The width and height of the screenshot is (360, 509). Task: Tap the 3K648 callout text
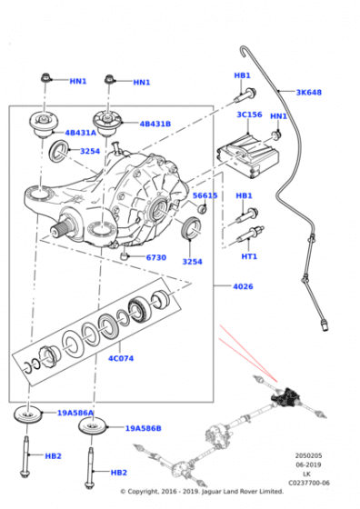coord(308,93)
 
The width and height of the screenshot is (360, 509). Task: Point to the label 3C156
coord(250,115)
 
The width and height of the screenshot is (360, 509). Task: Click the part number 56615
coord(205,195)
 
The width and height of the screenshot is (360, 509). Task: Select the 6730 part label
coord(156,257)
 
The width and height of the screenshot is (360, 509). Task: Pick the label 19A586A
coord(75,413)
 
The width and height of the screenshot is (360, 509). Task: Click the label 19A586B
coord(143,427)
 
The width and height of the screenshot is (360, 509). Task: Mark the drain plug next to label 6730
coord(122,256)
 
